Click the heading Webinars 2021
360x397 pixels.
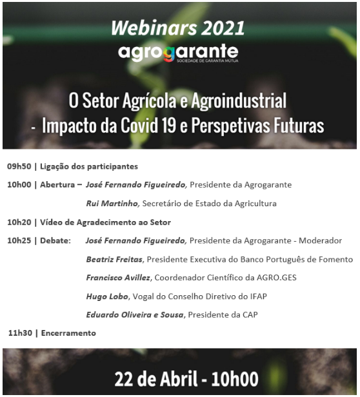coord(178,28)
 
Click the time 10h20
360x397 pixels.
coord(19,222)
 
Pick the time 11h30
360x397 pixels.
coord(20,333)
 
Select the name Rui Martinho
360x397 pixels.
coord(111,204)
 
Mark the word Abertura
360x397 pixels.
coord(57,185)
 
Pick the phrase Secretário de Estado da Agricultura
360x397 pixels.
coord(210,204)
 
